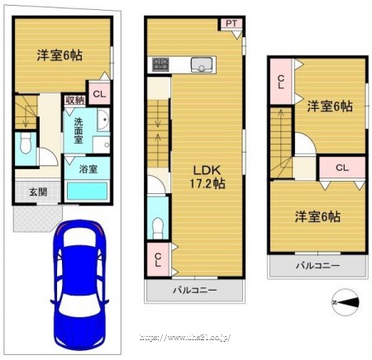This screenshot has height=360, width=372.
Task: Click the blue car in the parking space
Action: click(x=79, y=284)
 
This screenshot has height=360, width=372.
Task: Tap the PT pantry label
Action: click(x=231, y=24)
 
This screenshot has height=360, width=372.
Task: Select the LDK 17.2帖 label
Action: click(x=207, y=178)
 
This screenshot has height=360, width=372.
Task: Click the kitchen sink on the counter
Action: click(x=202, y=65)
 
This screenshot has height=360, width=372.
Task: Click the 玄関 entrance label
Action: click(x=38, y=192)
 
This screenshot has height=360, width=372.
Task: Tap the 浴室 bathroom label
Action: click(x=88, y=169)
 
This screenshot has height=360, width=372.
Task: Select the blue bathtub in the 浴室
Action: click(x=87, y=192)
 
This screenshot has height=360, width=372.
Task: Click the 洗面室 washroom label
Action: click(x=79, y=130)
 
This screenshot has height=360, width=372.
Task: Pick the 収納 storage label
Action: click(x=75, y=100)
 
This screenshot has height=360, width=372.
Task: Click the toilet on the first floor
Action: click(x=26, y=143)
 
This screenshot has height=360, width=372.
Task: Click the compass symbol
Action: click(x=346, y=302)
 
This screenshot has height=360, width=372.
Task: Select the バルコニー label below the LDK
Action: click(x=195, y=290)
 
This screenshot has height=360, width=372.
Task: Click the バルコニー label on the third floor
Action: click(x=317, y=266)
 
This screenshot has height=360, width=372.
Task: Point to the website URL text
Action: click(x=185, y=337)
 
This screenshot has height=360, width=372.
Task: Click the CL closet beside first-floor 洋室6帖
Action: click(x=99, y=94)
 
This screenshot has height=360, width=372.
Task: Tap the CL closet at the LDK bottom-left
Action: click(x=158, y=259)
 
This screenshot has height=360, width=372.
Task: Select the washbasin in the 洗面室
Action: click(x=103, y=120)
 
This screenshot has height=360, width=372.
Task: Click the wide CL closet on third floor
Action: click(x=342, y=168)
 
